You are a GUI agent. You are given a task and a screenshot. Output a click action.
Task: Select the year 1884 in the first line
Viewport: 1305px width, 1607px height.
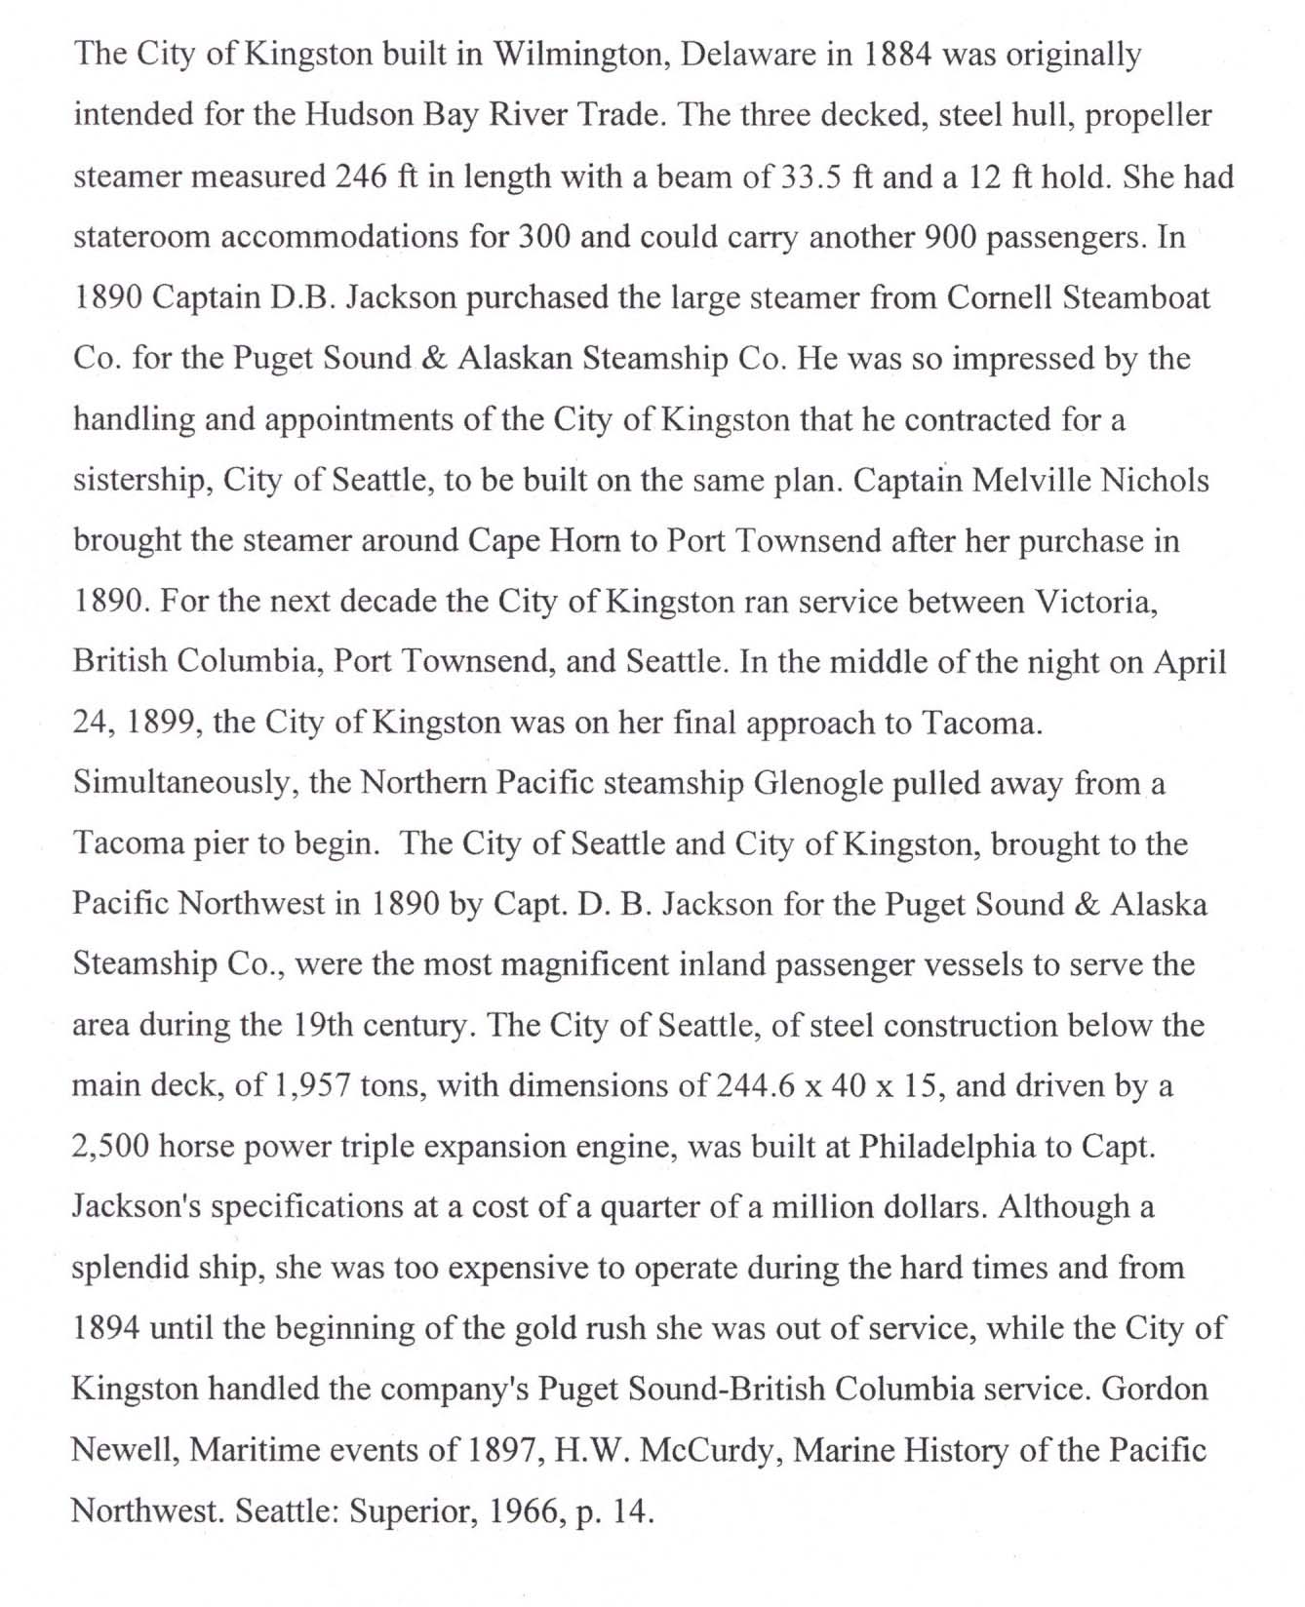tap(902, 54)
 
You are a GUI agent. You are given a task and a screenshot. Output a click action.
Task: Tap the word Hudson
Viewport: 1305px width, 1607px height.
tap(361, 115)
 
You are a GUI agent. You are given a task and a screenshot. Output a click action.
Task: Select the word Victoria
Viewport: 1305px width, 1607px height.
tap(1096, 602)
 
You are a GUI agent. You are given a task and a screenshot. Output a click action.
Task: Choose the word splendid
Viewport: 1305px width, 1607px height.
tap(132, 1268)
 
